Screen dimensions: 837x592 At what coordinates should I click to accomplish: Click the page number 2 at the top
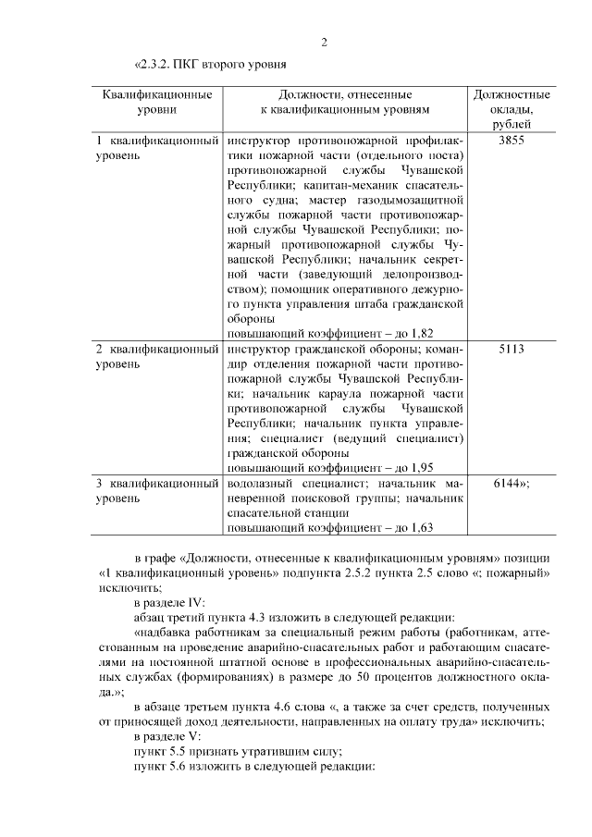coord(325,42)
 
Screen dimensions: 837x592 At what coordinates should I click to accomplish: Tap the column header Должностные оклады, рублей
coord(512,109)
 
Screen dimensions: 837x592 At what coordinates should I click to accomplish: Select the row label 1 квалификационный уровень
coord(157,148)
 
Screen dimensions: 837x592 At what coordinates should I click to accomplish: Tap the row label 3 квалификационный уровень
coord(157,490)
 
